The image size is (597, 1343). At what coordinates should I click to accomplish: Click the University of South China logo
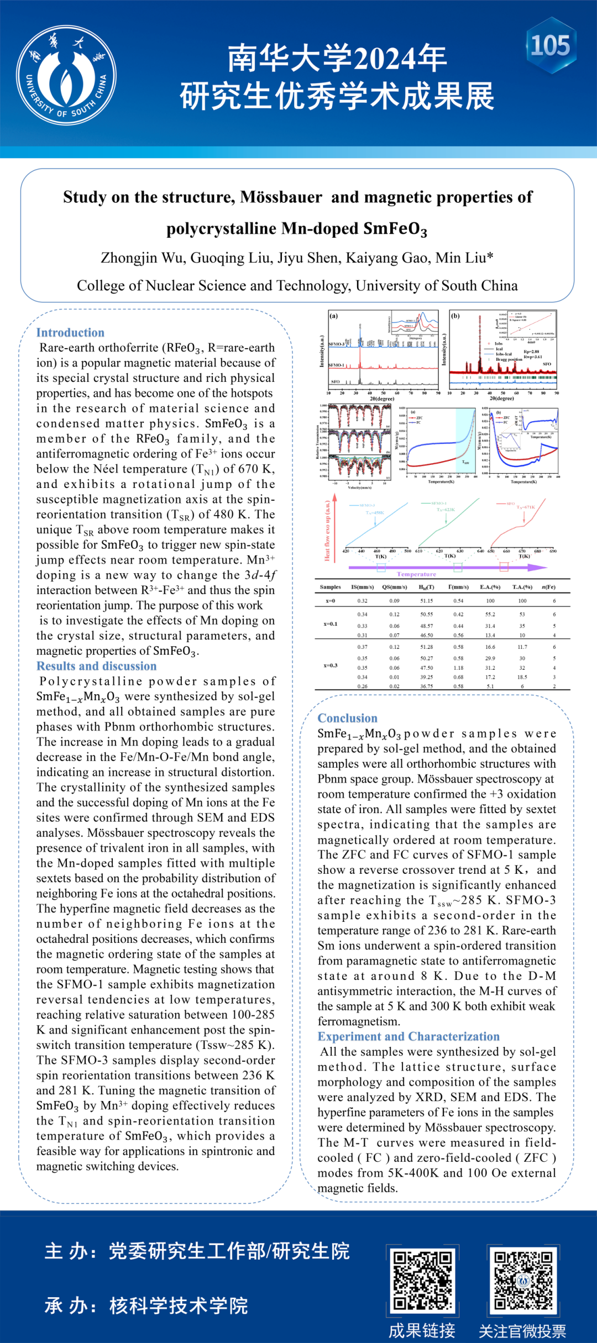[66, 75]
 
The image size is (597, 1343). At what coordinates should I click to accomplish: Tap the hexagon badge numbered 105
[551, 45]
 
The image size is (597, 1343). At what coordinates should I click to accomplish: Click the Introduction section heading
[70, 333]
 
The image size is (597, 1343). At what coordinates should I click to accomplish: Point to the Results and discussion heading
[96, 666]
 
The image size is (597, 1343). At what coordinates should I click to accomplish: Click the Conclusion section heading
[347, 718]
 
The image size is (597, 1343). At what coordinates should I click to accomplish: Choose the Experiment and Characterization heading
[408, 1036]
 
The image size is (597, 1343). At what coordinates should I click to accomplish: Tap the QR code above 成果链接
[422, 1281]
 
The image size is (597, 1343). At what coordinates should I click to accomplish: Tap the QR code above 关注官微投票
[523, 1281]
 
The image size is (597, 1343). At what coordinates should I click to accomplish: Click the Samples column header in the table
[331, 587]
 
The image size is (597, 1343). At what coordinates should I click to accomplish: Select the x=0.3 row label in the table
[331, 665]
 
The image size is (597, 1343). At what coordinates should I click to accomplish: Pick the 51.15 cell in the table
[427, 601]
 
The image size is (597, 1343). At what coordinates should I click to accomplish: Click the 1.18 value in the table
[458, 668]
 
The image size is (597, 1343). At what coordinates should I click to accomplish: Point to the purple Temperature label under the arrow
[416, 574]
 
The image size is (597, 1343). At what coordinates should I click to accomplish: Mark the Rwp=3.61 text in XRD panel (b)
[533, 357]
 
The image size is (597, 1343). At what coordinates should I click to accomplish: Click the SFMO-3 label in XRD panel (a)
[336, 344]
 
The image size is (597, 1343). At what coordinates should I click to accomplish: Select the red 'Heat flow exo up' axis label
[327, 531]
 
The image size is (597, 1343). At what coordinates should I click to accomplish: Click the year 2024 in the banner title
[385, 60]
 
